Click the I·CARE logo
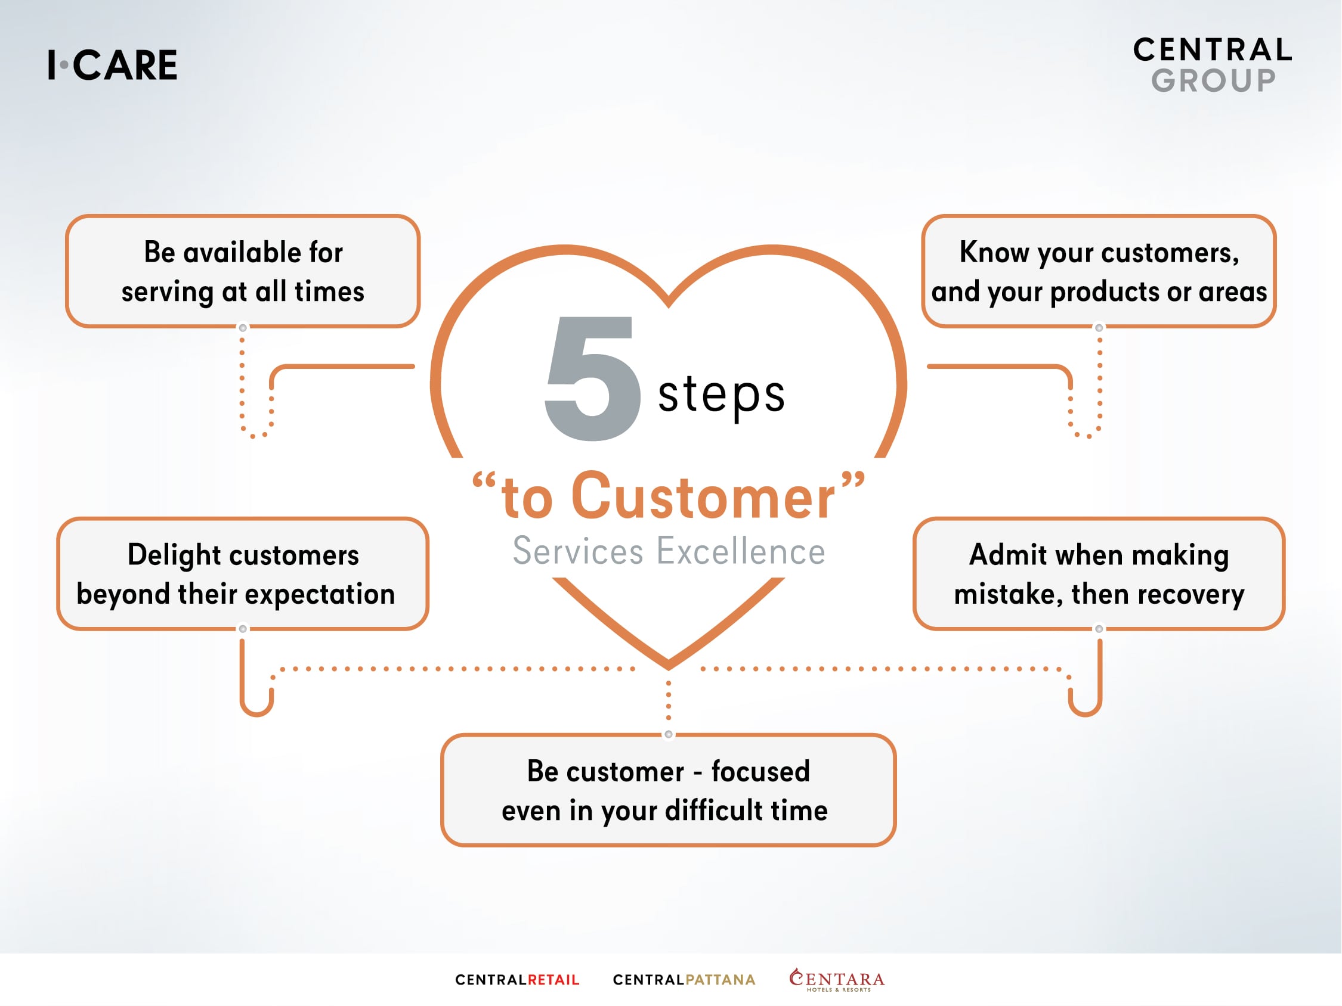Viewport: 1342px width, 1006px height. pos(113,65)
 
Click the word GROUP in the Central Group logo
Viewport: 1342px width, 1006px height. pos(1214,80)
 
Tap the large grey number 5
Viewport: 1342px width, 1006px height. pos(593,378)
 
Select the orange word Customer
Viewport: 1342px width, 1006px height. pos(703,497)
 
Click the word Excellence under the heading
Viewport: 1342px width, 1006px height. pos(741,551)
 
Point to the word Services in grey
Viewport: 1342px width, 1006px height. pos(577,551)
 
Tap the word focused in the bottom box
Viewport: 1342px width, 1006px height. pos(761,772)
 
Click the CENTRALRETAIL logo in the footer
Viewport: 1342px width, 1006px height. pos(518,980)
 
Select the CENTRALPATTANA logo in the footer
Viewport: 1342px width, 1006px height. pos(684,980)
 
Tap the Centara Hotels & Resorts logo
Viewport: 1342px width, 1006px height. pos(837,980)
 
